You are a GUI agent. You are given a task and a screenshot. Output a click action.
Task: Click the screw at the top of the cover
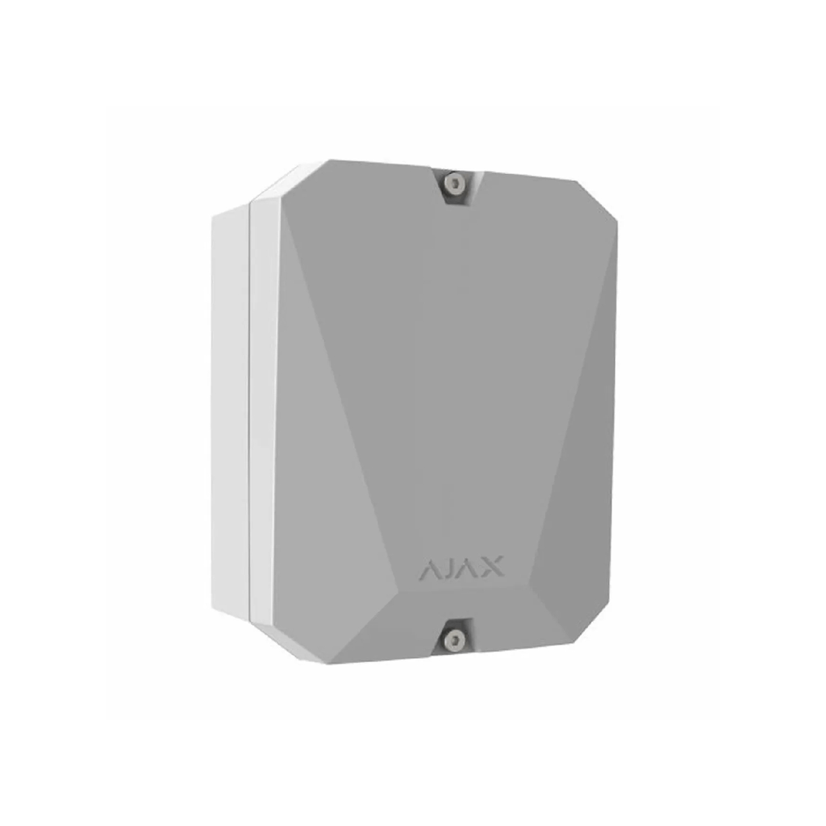pos(453,183)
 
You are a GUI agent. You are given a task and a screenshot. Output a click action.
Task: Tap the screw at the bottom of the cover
pos(453,640)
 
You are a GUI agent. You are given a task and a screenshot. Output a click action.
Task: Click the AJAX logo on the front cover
pos(461,568)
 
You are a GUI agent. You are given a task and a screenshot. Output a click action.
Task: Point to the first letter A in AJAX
pos(430,570)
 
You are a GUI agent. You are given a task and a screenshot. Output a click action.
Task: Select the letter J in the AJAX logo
pos(448,569)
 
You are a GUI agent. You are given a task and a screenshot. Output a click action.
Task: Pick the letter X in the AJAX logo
pos(493,566)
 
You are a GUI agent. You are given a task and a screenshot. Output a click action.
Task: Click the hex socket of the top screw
pos(453,183)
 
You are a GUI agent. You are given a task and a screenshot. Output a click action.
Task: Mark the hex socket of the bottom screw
pos(453,640)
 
